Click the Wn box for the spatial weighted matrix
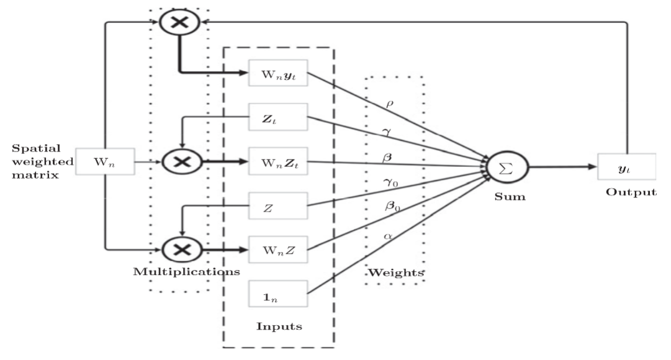tap(104, 162)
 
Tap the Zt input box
tap(277, 117)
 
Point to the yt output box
tap(626, 167)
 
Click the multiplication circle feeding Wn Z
tap(181, 250)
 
